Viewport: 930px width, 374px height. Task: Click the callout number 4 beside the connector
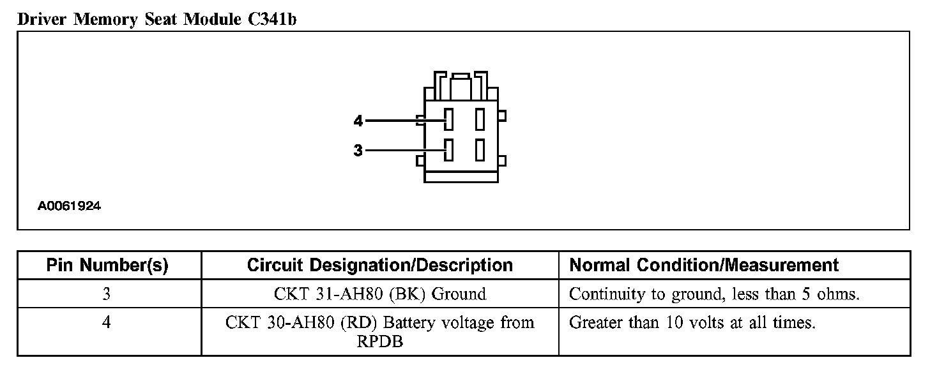(x=358, y=120)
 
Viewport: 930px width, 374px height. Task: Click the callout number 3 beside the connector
(x=358, y=151)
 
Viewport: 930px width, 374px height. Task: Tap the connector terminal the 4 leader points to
(x=449, y=120)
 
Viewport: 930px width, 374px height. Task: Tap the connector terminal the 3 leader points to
(x=449, y=150)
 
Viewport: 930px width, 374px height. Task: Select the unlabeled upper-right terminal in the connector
(x=480, y=120)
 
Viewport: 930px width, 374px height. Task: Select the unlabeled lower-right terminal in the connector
(x=480, y=150)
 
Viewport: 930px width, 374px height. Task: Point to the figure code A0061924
(x=69, y=206)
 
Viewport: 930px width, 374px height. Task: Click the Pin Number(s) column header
(x=108, y=266)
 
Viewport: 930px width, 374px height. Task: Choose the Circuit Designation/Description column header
(x=379, y=266)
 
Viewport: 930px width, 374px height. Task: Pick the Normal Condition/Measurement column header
(x=704, y=266)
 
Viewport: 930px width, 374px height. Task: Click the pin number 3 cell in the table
(x=107, y=294)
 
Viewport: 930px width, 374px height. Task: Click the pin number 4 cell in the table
(x=107, y=323)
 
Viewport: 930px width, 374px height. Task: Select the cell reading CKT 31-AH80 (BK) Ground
(x=379, y=294)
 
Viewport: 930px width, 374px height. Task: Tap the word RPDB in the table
(x=379, y=342)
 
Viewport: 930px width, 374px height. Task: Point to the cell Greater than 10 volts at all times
(x=692, y=323)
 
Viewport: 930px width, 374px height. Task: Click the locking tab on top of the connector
(x=461, y=86)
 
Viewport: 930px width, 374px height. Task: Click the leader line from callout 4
(x=402, y=120)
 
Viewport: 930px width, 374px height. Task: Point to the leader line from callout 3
(x=402, y=151)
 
